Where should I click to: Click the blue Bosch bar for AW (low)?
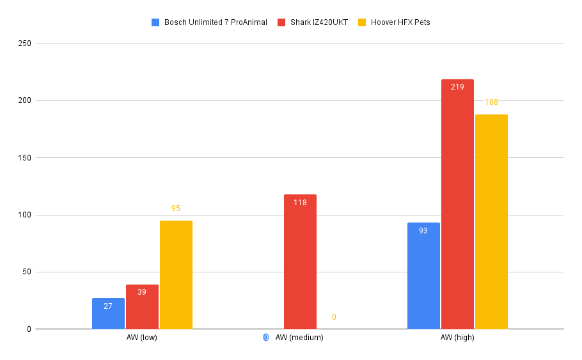tap(108, 313)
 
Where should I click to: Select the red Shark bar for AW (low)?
tap(142, 307)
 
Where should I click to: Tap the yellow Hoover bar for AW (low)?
tap(177, 275)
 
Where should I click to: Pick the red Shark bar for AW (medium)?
tap(301, 262)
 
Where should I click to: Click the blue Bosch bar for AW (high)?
tap(423, 276)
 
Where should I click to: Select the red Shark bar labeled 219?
tap(458, 204)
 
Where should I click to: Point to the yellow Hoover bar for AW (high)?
tap(491, 222)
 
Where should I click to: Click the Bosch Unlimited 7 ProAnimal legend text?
tap(216, 22)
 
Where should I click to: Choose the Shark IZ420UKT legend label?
tap(319, 22)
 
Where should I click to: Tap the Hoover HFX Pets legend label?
tap(400, 22)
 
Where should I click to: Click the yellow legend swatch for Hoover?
tap(362, 22)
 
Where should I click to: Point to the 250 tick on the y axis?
tap(25, 43)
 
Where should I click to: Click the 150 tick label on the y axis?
tap(25, 158)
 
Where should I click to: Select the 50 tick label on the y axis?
tap(27, 272)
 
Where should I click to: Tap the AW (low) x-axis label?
tap(142, 338)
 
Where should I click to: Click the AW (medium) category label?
tap(299, 338)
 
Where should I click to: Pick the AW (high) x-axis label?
tap(457, 338)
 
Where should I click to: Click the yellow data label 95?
tap(176, 208)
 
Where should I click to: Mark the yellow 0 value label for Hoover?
tap(334, 317)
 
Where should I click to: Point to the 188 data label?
tap(491, 102)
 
